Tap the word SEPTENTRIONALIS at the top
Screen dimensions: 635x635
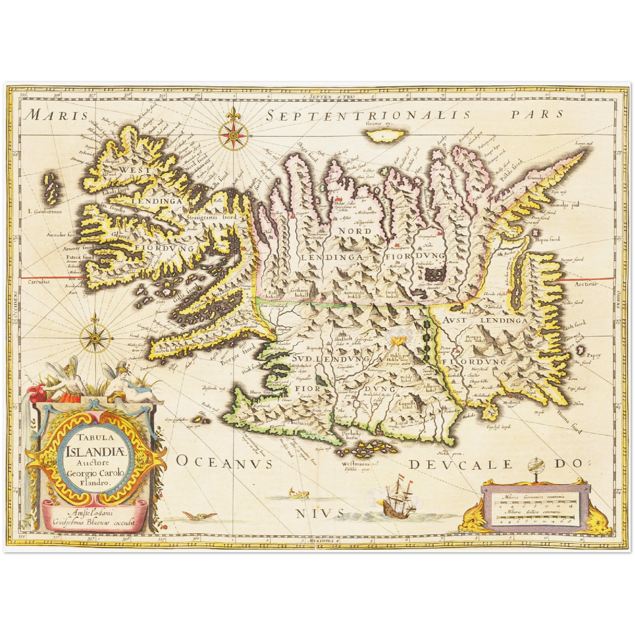pyautogui.click(x=369, y=116)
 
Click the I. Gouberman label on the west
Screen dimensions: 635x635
pyautogui.click(x=45, y=211)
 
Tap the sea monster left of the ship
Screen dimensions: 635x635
pyautogui.click(x=298, y=493)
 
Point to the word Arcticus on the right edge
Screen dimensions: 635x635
pyautogui.click(x=586, y=284)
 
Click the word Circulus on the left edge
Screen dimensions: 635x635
pyautogui.click(x=39, y=281)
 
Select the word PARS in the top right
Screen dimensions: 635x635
pyautogui.click(x=537, y=114)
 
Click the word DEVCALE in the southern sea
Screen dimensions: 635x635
pyautogui.click(x=461, y=464)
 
